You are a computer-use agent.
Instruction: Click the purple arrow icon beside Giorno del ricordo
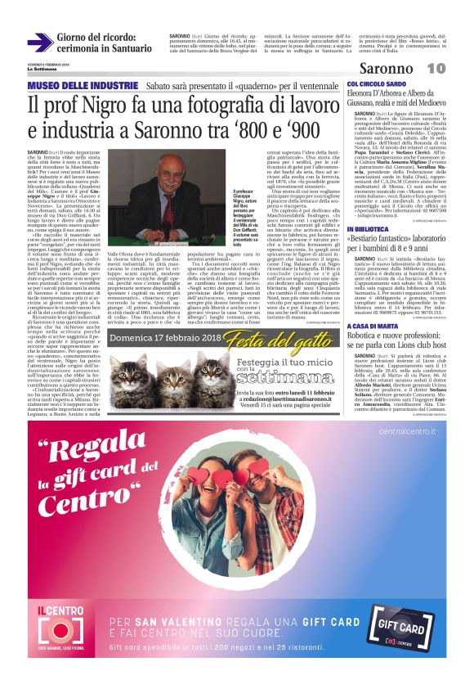coord(39,43)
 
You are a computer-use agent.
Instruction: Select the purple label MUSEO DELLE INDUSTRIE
coord(82,86)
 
